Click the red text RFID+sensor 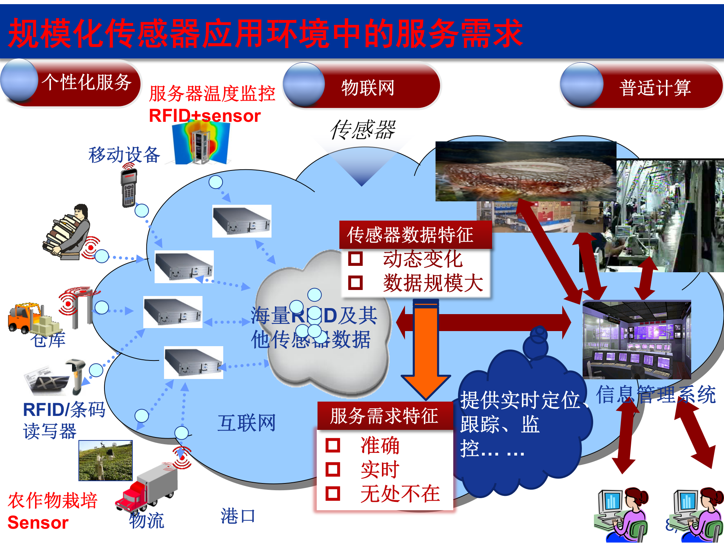pos(205,116)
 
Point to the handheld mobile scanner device pos(129,188)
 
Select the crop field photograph pos(106,460)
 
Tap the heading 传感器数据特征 pos(410,235)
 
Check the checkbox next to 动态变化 pos(355,259)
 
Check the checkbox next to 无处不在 pos(333,493)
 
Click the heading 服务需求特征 pos(384,416)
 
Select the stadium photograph pos(526,172)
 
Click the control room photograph pos(637,339)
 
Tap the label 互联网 pos(247,423)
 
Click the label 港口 pos(238,516)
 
